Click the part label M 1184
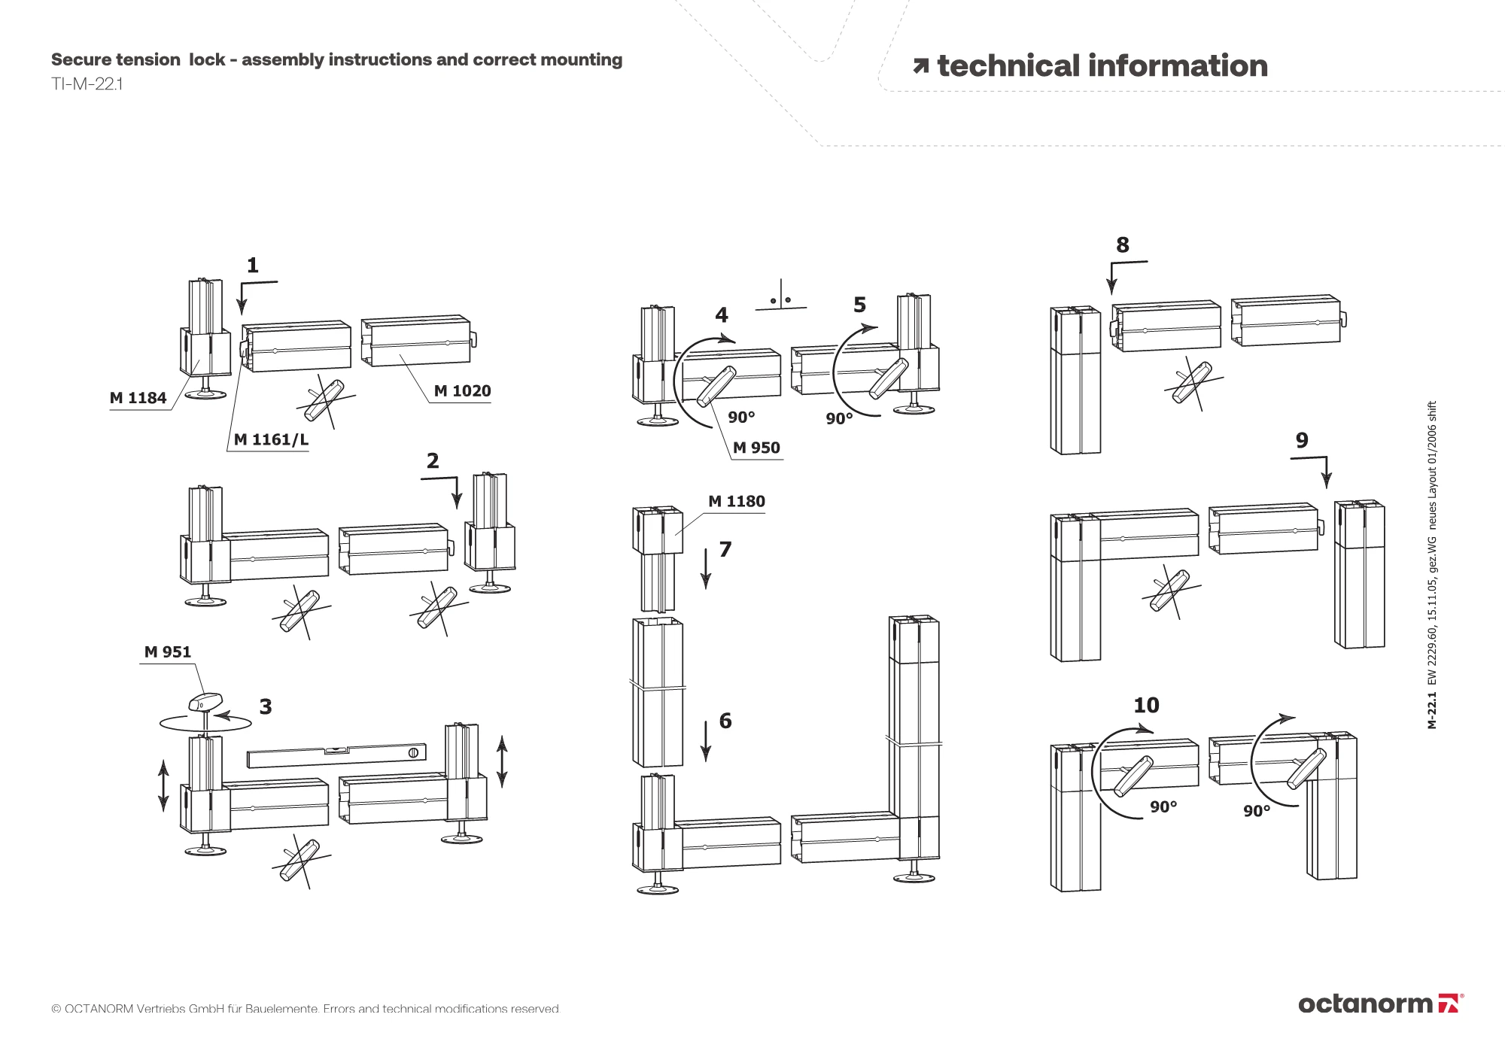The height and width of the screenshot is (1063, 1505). [138, 398]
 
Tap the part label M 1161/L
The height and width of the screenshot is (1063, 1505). [271, 439]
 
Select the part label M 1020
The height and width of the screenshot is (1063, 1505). [462, 390]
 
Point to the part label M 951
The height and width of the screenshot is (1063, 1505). [168, 651]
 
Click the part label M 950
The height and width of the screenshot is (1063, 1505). [756, 448]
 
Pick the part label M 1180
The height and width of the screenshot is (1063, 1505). [736, 501]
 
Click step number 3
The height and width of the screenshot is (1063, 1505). [266, 706]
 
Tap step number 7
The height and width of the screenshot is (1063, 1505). [725, 549]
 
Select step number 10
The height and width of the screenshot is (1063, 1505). [1146, 705]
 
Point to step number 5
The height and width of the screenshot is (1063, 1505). [859, 305]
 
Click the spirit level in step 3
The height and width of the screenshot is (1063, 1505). [336, 755]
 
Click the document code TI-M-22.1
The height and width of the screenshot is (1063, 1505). [87, 84]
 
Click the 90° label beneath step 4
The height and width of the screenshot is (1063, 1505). [741, 417]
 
